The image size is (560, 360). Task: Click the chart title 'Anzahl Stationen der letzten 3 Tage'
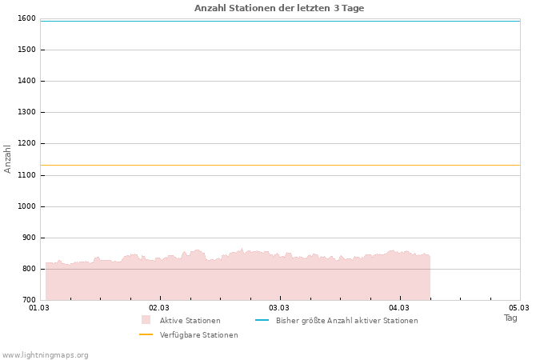[x=279, y=8]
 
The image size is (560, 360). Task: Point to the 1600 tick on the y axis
[x=26, y=18]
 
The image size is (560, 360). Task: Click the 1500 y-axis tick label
[x=26, y=50]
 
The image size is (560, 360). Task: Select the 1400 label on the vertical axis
[x=26, y=81]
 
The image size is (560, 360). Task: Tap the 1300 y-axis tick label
[x=26, y=112]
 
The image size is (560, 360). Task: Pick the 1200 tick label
[x=26, y=143]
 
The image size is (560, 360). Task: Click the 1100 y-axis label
[x=26, y=174]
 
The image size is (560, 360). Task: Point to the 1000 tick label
[x=26, y=206]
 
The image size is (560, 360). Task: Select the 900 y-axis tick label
[x=29, y=238]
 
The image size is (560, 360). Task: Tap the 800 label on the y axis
[x=29, y=269]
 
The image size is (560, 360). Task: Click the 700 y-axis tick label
[x=29, y=300]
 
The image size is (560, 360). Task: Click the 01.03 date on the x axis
[x=39, y=308]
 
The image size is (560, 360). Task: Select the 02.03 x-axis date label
[x=159, y=308]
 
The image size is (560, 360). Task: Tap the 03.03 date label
[x=279, y=308]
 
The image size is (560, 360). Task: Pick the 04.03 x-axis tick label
[x=399, y=308]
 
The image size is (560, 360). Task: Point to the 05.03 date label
[x=519, y=308]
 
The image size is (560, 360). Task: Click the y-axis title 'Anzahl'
[x=8, y=158]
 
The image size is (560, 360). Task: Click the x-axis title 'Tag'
[x=510, y=318]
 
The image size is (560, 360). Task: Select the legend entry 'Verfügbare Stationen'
[x=198, y=335]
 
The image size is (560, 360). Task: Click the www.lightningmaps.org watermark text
[x=46, y=355]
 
